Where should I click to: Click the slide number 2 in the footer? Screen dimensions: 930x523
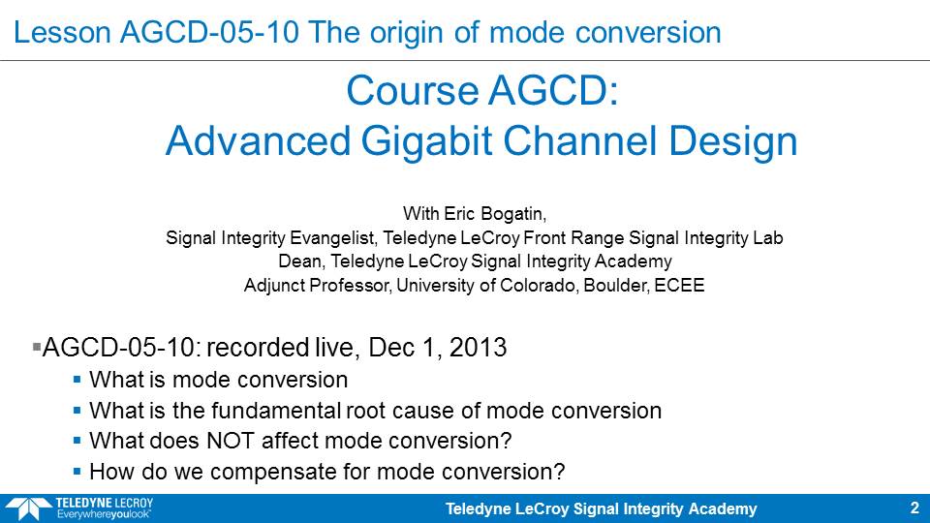point(914,508)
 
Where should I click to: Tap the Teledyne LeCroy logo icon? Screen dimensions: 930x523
point(28,509)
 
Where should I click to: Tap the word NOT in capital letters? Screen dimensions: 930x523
point(231,441)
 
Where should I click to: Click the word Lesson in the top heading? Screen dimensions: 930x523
point(62,32)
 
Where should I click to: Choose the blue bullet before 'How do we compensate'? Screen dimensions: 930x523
point(77,472)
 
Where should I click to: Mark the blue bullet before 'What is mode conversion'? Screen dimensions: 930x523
point(77,380)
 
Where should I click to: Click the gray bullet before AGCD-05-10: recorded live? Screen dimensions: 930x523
point(37,347)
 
